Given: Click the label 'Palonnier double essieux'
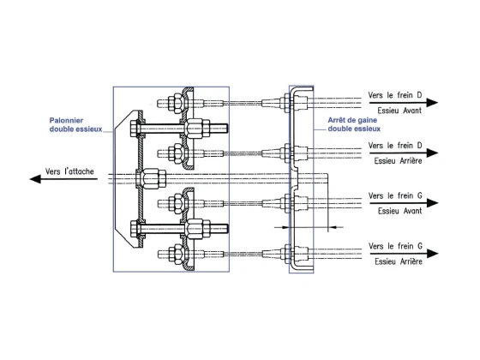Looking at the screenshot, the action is click(75, 124).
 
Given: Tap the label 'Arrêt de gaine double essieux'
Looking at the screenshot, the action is click(354, 124).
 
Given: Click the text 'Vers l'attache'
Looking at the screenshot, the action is click(69, 171).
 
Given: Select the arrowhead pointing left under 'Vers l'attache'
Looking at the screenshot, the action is click(35, 179).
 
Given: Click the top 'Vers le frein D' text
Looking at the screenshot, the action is click(395, 95).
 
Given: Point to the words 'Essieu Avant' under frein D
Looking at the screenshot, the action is click(399, 111).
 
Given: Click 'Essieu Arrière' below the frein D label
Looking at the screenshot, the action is click(398, 161).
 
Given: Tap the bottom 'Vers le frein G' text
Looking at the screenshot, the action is click(395, 246).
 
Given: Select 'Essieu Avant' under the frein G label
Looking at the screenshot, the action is click(399, 211).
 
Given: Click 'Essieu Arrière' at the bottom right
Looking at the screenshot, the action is click(399, 261).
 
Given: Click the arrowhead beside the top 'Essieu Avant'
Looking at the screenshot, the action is click(432, 103).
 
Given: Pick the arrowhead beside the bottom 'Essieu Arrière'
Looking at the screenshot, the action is click(432, 254).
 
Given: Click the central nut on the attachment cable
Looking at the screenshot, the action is click(151, 178).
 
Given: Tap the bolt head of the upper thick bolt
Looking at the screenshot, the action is click(135, 129).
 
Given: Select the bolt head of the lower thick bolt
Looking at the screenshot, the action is click(135, 229).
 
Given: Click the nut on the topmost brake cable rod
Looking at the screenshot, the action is click(176, 103).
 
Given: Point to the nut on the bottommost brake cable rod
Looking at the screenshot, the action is click(176, 254).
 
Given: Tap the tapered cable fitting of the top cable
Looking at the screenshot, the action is click(272, 103).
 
